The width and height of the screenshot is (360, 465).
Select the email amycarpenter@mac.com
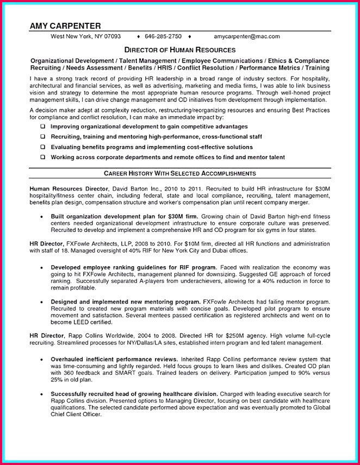(x=246, y=37)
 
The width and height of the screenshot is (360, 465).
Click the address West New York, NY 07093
(x=85, y=37)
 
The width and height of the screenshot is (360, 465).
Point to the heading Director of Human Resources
(x=179, y=49)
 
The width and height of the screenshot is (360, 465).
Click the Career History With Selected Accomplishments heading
(x=179, y=173)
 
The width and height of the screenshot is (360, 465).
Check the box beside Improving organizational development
(x=42, y=126)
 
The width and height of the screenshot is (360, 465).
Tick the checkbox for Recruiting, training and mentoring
(x=42, y=136)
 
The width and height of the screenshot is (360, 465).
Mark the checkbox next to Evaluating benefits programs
(x=42, y=147)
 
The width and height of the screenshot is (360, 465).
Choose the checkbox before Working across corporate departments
(x=42, y=157)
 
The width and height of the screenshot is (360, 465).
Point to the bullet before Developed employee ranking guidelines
(x=42, y=268)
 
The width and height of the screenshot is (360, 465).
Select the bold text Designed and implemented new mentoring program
(x=125, y=301)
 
